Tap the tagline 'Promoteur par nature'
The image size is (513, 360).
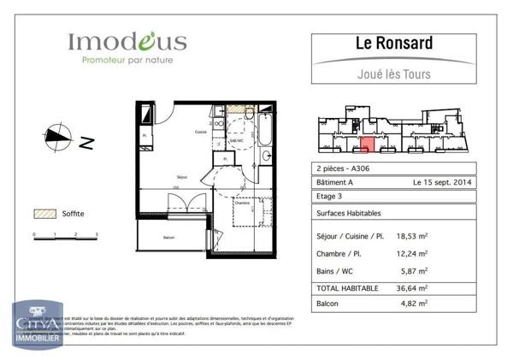click(127, 61)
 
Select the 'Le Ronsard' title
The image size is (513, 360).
click(393, 43)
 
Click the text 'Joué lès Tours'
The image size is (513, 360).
click(393, 74)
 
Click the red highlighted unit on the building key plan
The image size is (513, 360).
click(366, 146)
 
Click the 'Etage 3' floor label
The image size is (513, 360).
click(329, 196)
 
